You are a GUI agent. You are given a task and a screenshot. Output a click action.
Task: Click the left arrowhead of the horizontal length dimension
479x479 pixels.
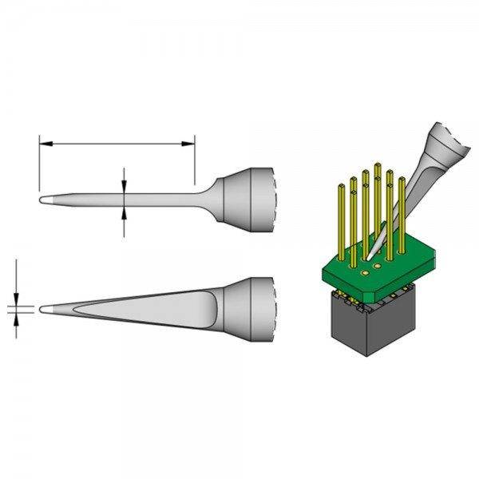click(x=45, y=144)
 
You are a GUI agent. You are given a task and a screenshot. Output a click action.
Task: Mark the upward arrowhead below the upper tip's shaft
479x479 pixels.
click(x=125, y=210)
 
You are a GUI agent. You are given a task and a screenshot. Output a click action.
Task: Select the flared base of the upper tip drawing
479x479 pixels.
click(x=247, y=200)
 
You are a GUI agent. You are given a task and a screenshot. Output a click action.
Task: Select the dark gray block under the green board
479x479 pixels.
click(x=366, y=327)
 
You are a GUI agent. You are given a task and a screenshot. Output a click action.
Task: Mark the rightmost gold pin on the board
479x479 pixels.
click(x=402, y=216)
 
